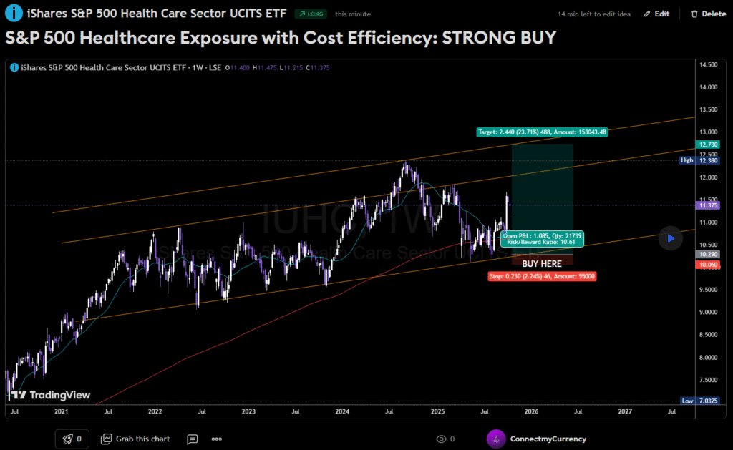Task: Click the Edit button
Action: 656,14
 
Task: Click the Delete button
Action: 708,14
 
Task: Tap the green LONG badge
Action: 311,14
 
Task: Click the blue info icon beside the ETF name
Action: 13,14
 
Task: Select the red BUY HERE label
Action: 542,264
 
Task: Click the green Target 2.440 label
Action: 542,132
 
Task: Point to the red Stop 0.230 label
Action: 542,276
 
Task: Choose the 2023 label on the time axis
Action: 248,412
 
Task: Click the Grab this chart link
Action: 136,439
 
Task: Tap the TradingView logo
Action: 50,394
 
